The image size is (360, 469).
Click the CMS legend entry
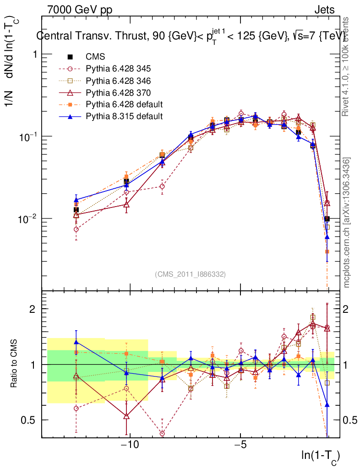tap(95, 57)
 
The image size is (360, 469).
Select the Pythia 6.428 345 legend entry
tap(118, 69)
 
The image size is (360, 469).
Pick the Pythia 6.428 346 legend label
tap(118, 81)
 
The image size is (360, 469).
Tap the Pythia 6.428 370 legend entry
tap(118, 93)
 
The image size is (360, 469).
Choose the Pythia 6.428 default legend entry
tap(124, 104)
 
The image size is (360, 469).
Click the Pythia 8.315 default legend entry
tap(124, 116)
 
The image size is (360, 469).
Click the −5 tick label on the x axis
tap(240, 445)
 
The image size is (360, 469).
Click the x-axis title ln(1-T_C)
tap(321, 456)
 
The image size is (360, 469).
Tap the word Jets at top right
tap(324, 10)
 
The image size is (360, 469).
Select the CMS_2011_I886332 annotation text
tap(190, 274)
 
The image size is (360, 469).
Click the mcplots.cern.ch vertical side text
tap(347, 223)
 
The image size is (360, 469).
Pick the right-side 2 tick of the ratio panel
tap(347, 309)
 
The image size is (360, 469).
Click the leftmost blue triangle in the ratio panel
tap(76, 342)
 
